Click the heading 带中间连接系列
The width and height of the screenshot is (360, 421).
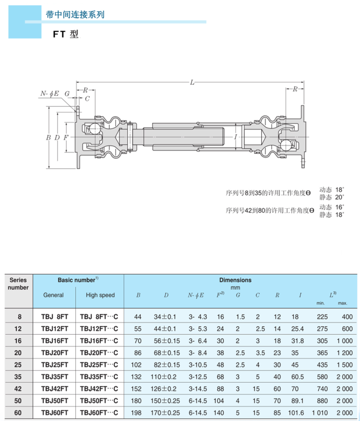[75, 14]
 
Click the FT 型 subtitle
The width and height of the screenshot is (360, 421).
[65, 34]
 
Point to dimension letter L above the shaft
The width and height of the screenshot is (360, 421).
[192, 82]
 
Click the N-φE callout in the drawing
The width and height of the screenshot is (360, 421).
[50, 93]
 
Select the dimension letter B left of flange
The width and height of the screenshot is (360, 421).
[48, 137]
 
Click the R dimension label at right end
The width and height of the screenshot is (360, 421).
[295, 89]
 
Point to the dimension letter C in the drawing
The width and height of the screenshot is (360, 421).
[87, 98]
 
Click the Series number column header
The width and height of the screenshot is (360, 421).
[18, 284]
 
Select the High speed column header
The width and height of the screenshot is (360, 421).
[100, 295]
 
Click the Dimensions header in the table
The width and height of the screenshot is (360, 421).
[235, 280]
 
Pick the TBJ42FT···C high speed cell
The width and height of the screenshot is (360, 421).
[99, 389]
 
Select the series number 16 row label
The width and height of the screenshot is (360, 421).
[19, 340]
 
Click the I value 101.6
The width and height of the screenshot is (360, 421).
[300, 412]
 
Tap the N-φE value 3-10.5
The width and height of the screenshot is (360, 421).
[197, 364]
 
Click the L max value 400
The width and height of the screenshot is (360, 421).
[347, 317]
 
